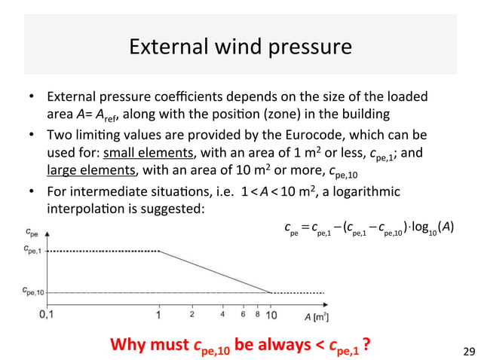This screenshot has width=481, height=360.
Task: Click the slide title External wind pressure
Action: (240, 47)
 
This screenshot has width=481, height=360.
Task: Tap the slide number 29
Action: (467, 350)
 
